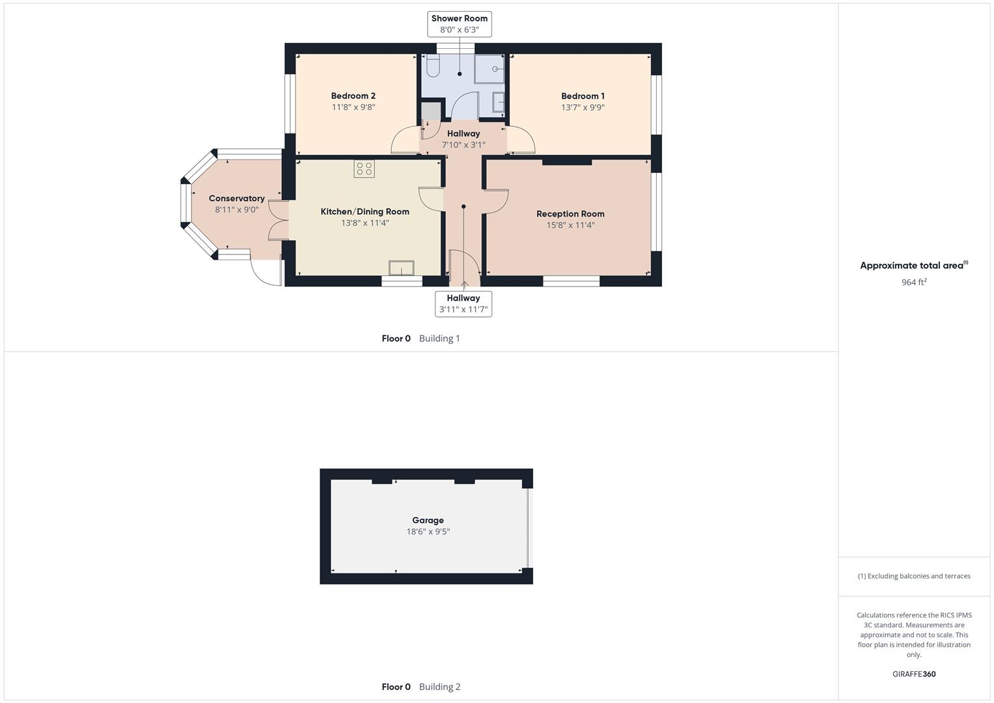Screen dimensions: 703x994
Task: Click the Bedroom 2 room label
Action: [x=353, y=96]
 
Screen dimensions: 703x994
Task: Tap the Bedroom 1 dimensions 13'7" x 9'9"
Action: [x=583, y=107]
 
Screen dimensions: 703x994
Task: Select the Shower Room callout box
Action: [x=459, y=24]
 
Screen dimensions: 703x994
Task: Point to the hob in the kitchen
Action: [x=364, y=169]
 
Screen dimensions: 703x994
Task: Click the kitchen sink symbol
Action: [x=401, y=268]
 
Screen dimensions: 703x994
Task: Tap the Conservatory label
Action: [x=236, y=199]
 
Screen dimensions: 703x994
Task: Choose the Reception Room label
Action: [x=570, y=214]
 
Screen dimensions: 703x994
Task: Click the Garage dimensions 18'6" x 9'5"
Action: [x=428, y=532]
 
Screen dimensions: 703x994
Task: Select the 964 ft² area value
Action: [x=913, y=282]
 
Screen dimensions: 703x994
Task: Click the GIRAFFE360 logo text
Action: [x=913, y=674]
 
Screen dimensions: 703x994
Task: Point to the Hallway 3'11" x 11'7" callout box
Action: [x=463, y=303]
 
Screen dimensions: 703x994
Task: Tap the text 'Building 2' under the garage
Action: [x=439, y=687]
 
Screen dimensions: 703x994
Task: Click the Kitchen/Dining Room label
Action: [x=365, y=212]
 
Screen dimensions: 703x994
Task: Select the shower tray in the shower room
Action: [x=489, y=68]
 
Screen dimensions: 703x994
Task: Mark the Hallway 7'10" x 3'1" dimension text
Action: [x=463, y=145]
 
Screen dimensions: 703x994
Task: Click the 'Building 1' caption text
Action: [x=439, y=338]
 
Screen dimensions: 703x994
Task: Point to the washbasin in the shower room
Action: [x=499, y=103]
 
